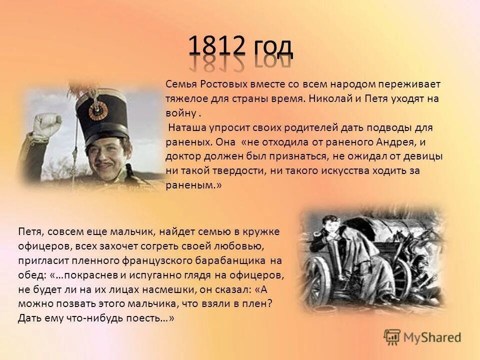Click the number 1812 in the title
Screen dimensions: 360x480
(216, 46)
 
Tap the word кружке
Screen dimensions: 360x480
(262, 231)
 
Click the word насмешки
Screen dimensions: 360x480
(150, 289)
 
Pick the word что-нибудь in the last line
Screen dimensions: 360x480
(109, 318)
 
